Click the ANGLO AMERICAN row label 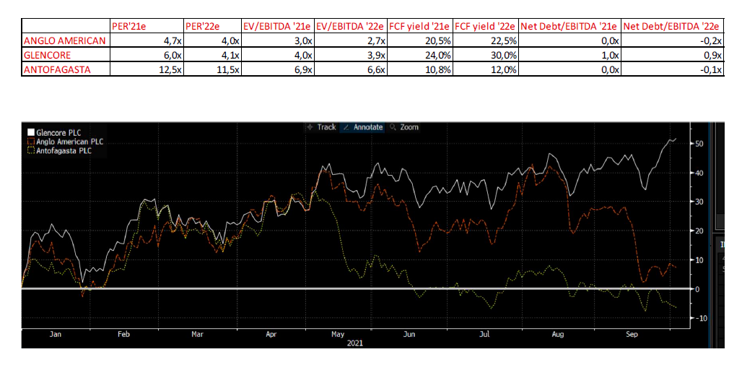(65, 40)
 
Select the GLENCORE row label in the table (48, 55)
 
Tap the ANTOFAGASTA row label (56, 69)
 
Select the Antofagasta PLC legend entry (65, 150)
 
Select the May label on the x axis (336, 335)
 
